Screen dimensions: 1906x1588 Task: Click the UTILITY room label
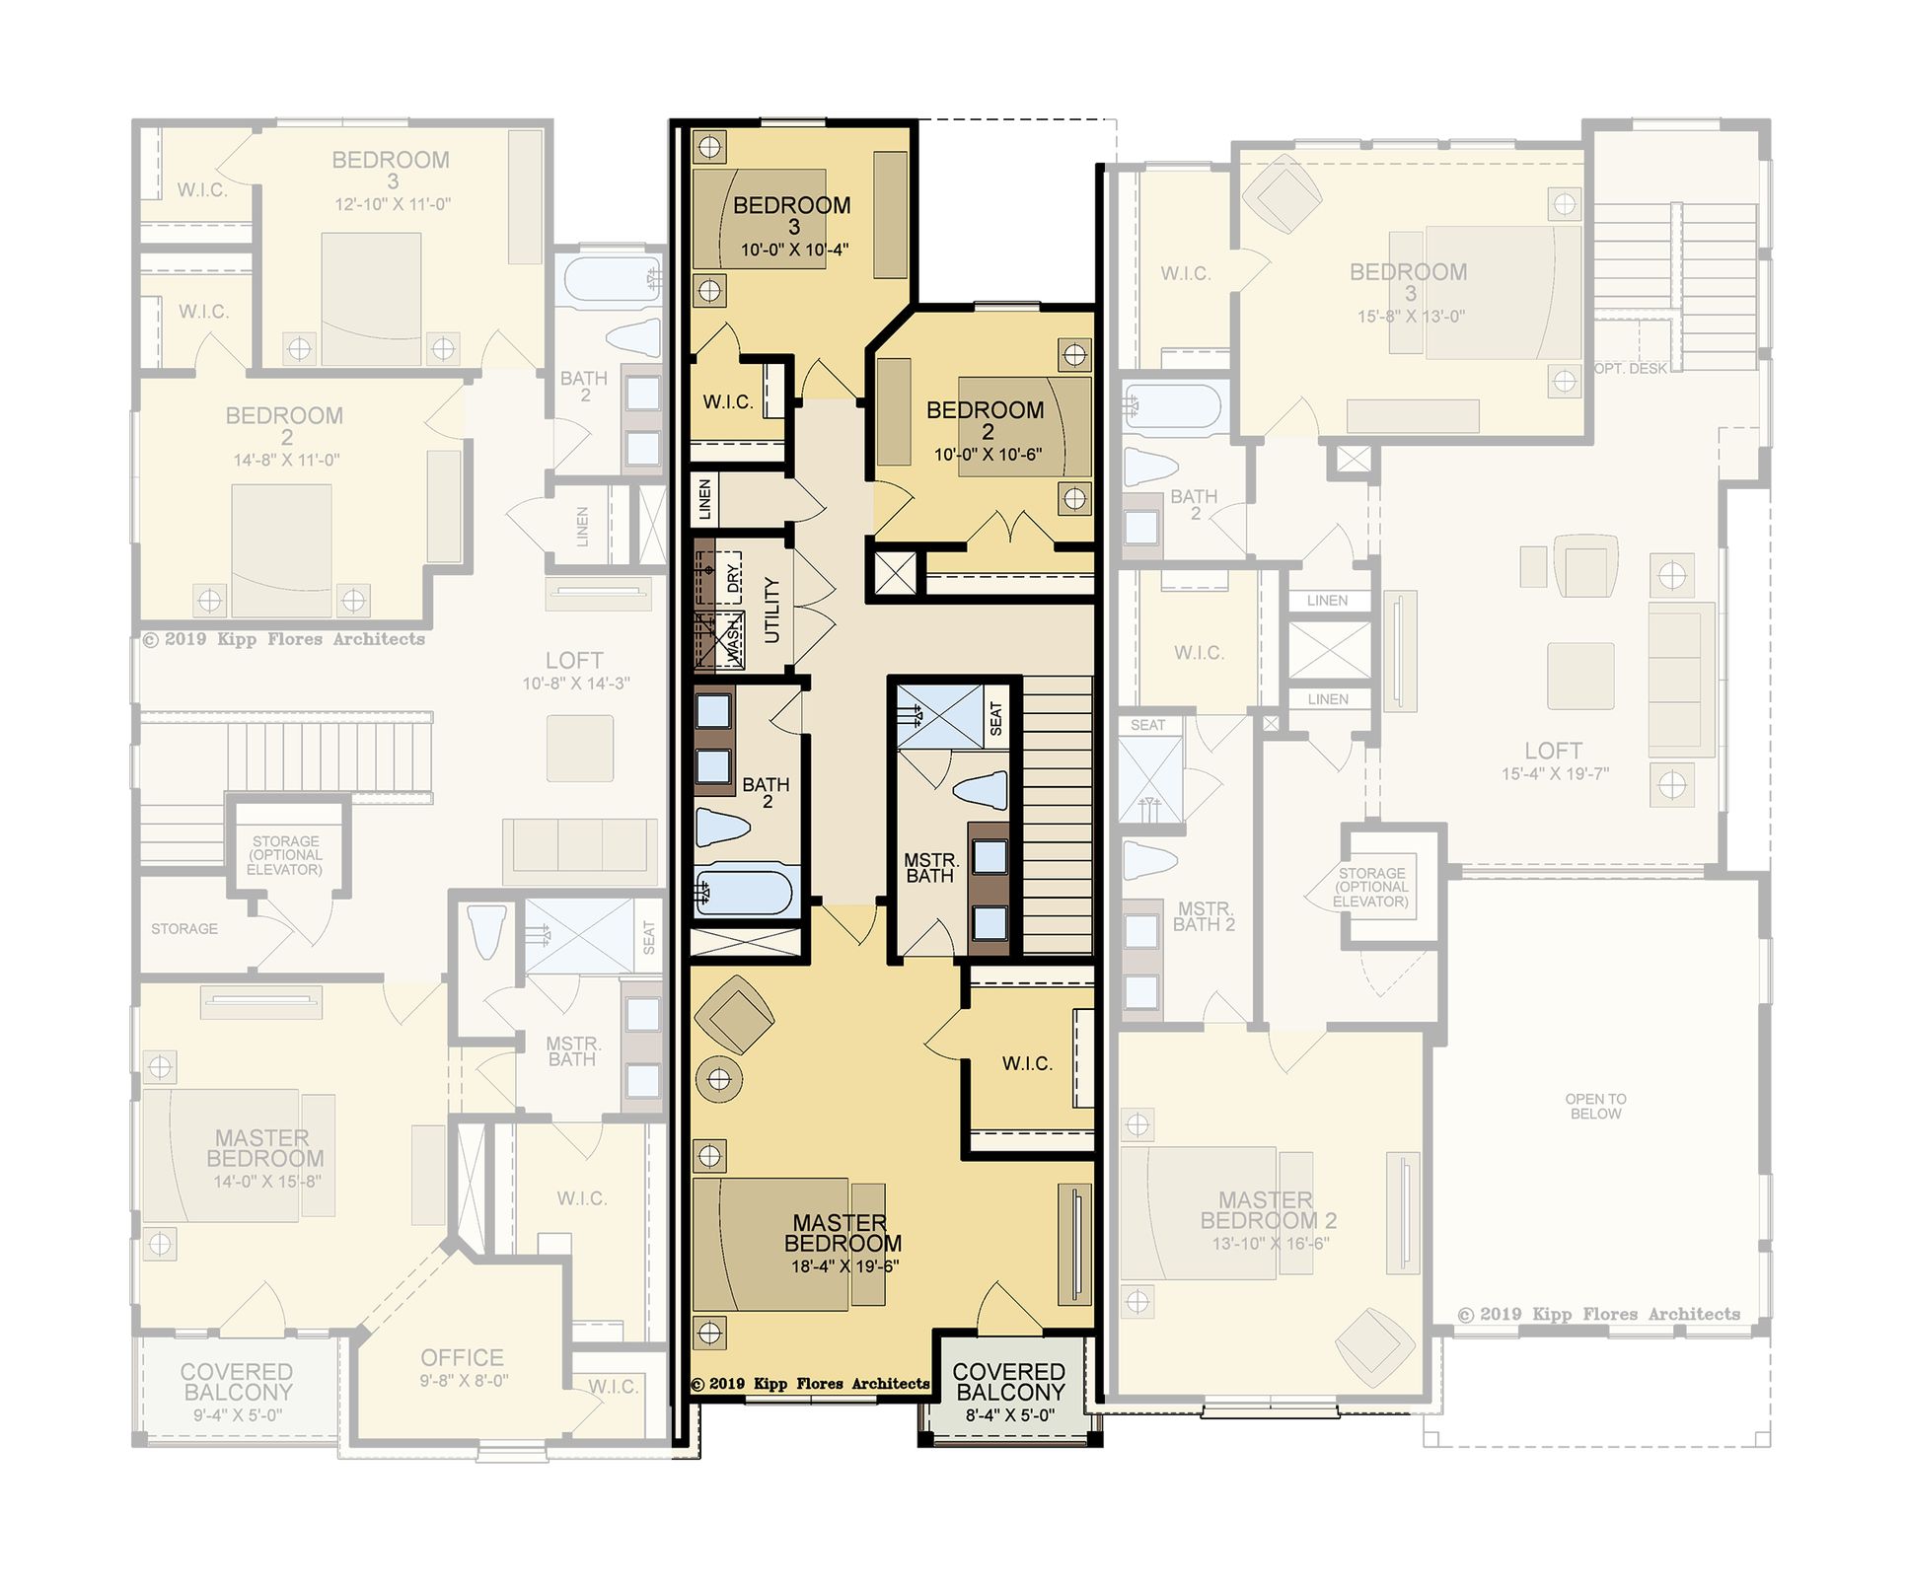click(x=772, y=611)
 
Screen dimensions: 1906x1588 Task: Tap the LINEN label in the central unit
click(x=704, y=499)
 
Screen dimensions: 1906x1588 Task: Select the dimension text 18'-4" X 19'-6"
click(x=845, y=1265)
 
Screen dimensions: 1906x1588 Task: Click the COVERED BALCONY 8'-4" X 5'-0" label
click(x=1009, y=1392)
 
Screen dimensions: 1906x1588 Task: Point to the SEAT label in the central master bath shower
click(x=995, y=718)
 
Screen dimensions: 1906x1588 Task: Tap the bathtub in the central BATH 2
click(x=746, y=892)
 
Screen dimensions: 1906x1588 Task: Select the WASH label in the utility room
click(x=734, y=639)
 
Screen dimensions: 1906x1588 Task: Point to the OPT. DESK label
click(x=1631, y=369)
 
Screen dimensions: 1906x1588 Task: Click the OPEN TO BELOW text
click(x=1595, y=1106)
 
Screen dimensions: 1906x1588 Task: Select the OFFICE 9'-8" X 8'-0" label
click(x=463, y=1367)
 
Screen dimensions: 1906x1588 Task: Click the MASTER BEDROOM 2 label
click(x=1268, y=1210)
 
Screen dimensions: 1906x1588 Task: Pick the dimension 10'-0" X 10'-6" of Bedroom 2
click(x=988, y=455)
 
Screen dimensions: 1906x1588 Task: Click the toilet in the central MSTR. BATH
click(x=981, y=791)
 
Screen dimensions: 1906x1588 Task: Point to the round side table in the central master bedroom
click(x=719, y=1079)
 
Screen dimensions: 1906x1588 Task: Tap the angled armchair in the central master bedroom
click(x=735, y=1016)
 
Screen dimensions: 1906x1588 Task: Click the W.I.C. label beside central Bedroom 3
click(x=728, y=401)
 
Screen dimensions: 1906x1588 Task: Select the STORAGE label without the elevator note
click(x=184, y=928)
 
